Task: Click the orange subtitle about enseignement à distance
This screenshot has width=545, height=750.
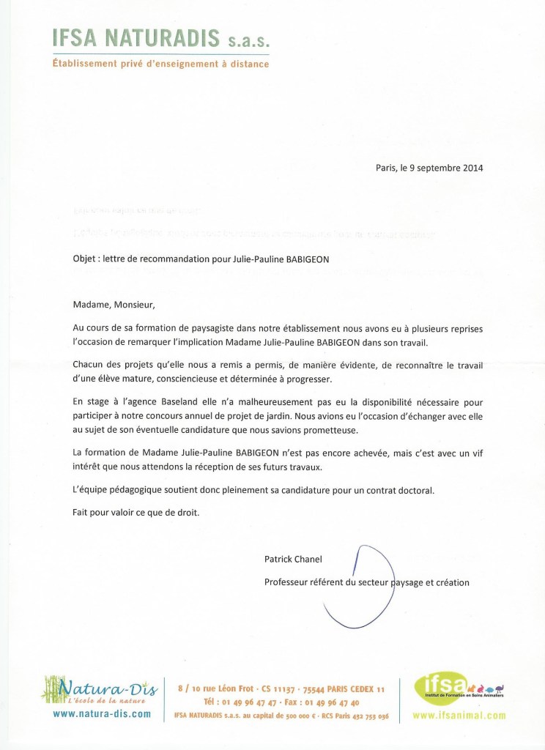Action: [x=160, y=64]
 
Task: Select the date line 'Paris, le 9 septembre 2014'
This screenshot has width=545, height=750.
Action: [x=429, y=167]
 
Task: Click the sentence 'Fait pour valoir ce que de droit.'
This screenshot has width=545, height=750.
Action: [x=136, y=513]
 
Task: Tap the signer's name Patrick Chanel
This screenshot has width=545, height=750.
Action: [x=293, y=559]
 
